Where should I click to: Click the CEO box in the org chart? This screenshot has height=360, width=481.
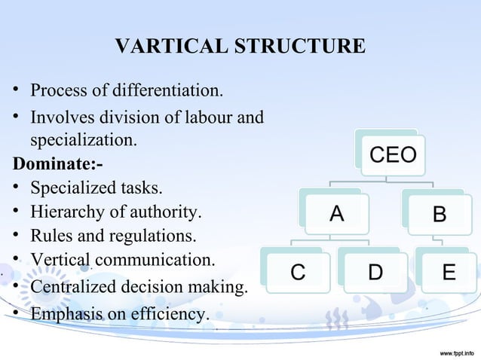point(392,155)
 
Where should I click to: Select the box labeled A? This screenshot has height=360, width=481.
point(336,214)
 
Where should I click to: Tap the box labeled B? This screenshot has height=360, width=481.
point(439,215)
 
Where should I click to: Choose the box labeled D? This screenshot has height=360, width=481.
point(375,272)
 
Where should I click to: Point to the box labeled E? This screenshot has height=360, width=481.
point(449,272)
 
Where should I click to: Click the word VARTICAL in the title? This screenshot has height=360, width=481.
point(160,47)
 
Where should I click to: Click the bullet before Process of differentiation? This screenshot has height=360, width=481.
point(15,93)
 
